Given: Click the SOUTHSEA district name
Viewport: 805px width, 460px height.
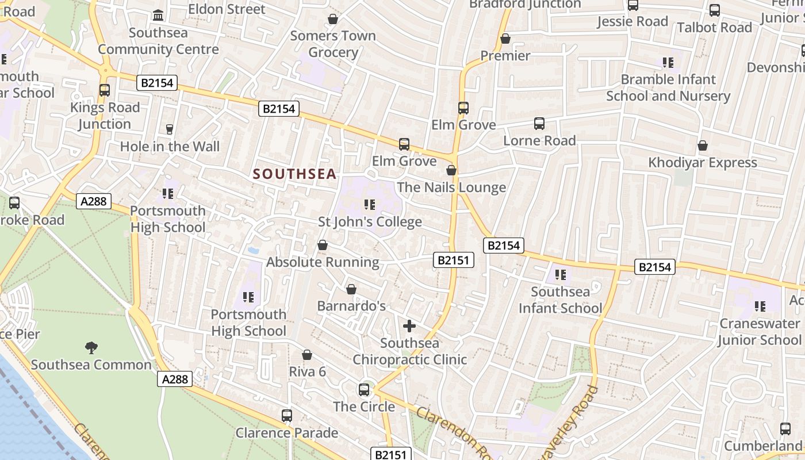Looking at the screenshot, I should [x=294, y=174].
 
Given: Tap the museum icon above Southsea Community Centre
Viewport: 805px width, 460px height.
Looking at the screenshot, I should [x=158, y=14].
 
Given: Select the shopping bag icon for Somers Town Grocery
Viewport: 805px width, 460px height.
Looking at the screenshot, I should [x=332, y=19].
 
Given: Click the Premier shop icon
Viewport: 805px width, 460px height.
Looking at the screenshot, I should [x=505, y=39].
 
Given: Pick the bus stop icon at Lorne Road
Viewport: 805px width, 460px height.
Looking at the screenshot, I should [x=539, y=123].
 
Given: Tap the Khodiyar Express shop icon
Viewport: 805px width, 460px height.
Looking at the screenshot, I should [x=702, y=145].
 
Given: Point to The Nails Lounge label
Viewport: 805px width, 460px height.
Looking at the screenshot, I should [x=451, y=187].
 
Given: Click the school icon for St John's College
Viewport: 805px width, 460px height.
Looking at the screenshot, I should [x=370, y=204].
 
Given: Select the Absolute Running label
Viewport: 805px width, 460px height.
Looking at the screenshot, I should [x=323, y=262].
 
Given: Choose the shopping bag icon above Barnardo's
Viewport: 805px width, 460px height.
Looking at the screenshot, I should [x=351, y=289].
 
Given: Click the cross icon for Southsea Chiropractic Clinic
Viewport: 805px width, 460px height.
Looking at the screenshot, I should [x=409, y=327].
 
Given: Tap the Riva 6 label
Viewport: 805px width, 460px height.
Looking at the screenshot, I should [x=307, y=371].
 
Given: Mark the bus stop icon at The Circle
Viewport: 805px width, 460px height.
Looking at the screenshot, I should [x=364, y=389].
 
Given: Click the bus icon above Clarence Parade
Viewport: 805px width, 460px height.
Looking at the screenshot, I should [x=286, y=415].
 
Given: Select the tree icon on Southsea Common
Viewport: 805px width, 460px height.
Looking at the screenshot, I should [x=91, y=347].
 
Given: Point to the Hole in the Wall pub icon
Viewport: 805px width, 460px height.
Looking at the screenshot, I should [x=170, y=129].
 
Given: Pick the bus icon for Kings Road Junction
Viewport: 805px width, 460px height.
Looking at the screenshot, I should [x=104, y=90].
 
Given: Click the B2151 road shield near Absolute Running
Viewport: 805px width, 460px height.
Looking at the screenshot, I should [x=453, y=260].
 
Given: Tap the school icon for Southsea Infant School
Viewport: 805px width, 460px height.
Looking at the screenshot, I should [x=561, y=275].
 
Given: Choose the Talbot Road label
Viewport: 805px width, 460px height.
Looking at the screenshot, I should [x=714, y=27].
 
